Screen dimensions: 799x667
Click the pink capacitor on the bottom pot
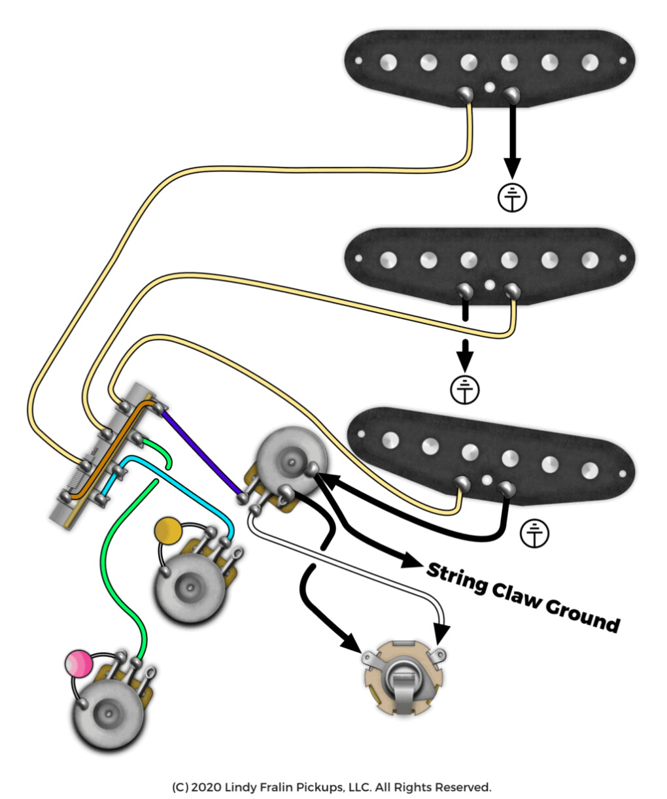point(78,663)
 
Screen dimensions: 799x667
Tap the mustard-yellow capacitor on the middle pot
point(169,531)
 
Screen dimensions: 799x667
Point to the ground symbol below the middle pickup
point(464,390)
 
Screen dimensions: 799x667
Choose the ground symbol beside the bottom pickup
point(534,534)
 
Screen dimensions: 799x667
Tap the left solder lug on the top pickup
point(465,93)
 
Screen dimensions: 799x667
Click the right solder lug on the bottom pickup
point(505,487)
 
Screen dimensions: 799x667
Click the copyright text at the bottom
point(332,787)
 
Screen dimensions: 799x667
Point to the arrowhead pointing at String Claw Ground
point(409,560)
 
